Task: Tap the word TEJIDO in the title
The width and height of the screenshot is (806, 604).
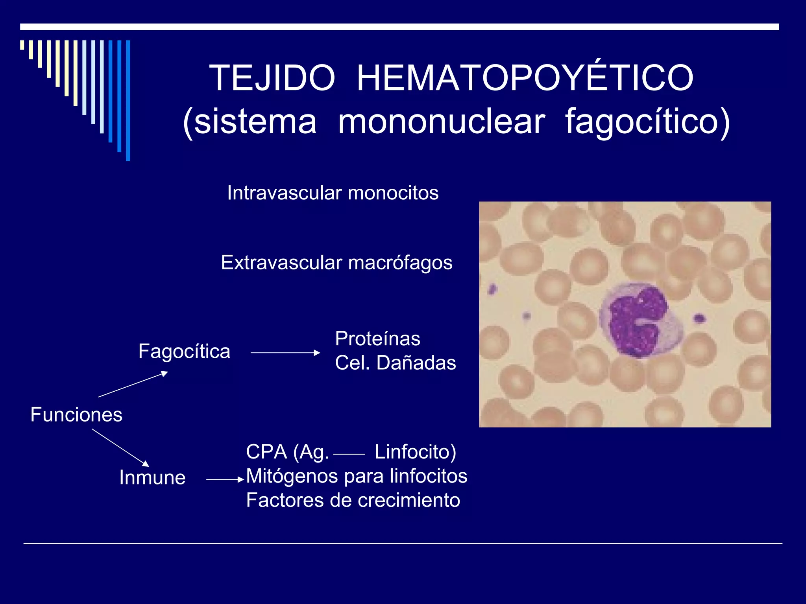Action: (272, 78)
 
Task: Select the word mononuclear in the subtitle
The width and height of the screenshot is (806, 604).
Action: (442, 122)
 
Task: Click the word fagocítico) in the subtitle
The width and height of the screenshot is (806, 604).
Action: (647, 122)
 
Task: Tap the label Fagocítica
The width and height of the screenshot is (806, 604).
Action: (184, 352)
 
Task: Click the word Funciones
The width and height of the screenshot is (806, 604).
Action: (76, 415)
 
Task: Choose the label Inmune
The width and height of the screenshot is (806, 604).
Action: (152, 478)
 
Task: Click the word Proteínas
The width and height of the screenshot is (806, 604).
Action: (377, 339)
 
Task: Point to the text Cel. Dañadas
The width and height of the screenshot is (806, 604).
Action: (395, 363)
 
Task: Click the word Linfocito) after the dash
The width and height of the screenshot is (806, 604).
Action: (415, 452)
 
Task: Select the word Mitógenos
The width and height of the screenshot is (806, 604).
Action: (292, 476)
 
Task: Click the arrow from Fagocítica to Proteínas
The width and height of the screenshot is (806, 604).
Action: (285, 353)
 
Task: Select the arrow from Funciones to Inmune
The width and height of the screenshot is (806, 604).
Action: (120, 447)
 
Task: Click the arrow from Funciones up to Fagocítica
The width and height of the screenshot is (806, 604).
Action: (133, 384)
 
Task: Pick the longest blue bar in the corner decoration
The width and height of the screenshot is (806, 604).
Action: (128, 100)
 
